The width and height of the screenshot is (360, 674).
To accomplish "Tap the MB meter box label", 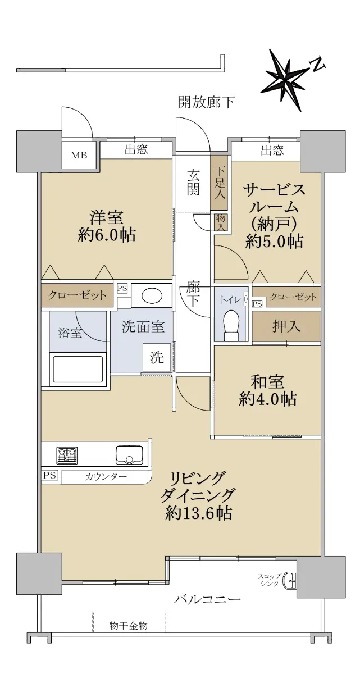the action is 79,155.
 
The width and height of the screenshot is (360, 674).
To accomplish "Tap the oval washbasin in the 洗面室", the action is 152,297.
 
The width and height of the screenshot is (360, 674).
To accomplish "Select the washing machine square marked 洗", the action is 157,357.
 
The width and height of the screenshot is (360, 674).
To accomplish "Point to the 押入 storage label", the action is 286,326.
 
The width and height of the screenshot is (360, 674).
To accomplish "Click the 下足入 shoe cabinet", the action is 219,183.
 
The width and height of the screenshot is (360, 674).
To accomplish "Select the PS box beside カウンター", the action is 49,475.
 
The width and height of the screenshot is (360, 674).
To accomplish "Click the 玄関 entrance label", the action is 193,182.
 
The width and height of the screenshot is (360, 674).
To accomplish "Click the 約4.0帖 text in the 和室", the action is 268,399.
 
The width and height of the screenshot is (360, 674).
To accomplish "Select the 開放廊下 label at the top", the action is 206,102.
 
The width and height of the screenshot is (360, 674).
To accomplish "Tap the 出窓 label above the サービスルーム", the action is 272,150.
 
